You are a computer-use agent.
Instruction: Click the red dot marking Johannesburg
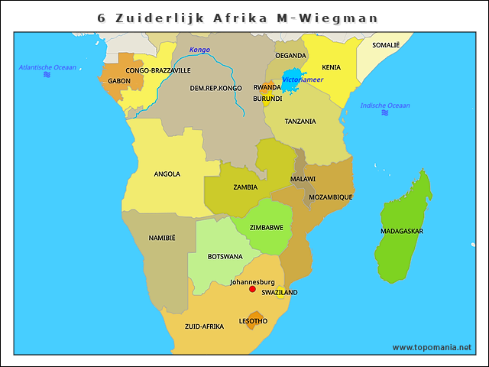point(252,289)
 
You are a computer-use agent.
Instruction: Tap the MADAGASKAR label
point(402,231)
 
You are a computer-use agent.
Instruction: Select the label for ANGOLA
point(167,174)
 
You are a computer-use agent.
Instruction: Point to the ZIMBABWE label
point(267,228)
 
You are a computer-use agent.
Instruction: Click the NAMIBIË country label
point(162,238)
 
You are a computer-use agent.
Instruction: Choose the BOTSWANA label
point(225,257)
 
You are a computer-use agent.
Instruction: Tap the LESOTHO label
point(253,321)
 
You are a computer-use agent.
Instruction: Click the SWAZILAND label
point(280,293)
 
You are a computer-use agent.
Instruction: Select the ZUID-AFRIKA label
point(204,326)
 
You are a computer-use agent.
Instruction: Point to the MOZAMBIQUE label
point(331,197)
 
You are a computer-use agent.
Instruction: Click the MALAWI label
point(303,179)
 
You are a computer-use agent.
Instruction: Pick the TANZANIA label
point(300,122)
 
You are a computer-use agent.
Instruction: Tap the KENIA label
point(332,67)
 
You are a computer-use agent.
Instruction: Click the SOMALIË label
point(386,46)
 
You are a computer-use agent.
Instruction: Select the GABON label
point(119,81)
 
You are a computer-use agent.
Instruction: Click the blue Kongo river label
point(199,50)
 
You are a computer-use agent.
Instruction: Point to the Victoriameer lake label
point(303,80)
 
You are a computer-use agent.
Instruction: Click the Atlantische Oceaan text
point(47,67)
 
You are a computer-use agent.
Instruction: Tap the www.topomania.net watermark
point(432,347)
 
